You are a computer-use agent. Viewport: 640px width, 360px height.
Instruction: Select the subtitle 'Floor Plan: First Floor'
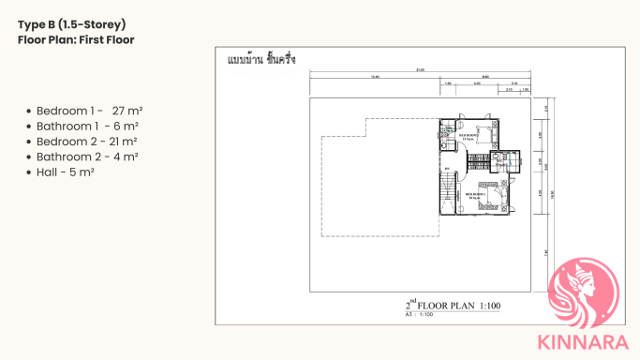pos(76,39)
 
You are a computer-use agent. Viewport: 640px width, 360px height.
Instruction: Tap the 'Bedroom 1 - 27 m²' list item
pos(89,110)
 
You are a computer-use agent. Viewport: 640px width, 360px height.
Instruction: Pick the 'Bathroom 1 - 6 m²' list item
pos(87,126)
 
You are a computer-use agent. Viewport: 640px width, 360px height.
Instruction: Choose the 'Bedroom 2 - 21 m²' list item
pos(86,141)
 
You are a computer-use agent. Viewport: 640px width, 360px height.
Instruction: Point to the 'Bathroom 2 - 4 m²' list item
pos(87,157)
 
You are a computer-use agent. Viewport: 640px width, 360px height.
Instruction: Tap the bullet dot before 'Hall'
pos(30,172)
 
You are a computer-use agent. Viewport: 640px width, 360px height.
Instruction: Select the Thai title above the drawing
pos(261,60)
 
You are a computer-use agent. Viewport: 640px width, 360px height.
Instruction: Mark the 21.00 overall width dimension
pos(420,69)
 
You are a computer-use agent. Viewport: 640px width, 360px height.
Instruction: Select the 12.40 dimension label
pos(375,77)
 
